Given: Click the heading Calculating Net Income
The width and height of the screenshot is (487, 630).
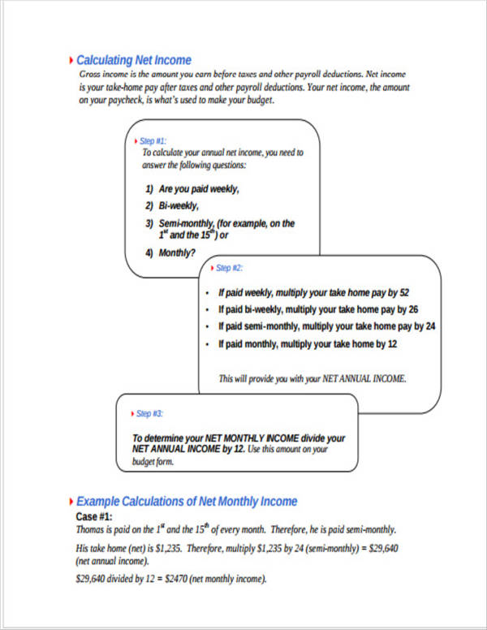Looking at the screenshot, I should (133, 60).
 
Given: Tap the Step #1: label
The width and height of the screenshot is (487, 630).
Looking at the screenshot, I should (153, 140).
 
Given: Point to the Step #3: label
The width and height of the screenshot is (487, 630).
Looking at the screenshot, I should (149, 412).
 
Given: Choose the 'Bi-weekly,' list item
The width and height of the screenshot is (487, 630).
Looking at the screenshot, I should (179, 205).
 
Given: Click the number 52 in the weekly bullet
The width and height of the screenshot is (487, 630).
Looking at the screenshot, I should (404, 293).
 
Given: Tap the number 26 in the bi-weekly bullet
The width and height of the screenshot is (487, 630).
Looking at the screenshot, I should (413, 310).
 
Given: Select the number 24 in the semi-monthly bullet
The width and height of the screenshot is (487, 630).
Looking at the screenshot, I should (430, 326).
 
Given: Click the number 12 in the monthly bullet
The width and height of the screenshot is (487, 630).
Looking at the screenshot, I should (391, 344).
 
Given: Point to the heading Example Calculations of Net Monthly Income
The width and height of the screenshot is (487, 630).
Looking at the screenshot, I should (187, 501).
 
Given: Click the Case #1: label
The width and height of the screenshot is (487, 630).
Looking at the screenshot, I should (94, 516).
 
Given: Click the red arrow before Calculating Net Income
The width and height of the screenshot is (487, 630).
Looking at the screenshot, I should (71, 60).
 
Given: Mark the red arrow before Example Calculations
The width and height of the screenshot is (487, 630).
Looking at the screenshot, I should (71, 501).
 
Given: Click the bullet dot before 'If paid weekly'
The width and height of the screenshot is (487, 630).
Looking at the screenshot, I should (208, 293).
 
